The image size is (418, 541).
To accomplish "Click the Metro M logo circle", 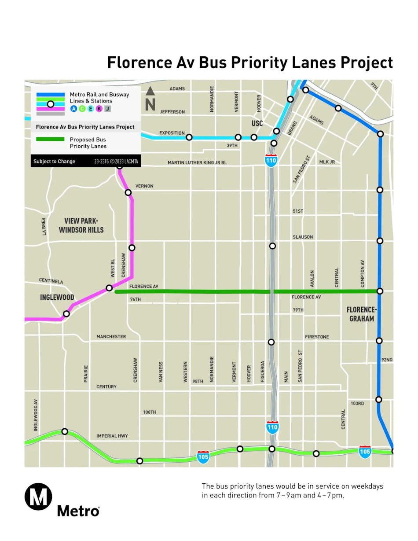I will coord(38,497).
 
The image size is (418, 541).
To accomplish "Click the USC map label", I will coord(257,124).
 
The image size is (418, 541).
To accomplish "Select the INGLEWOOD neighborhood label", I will coord(57,298).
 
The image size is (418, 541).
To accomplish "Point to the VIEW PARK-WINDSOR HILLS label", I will coord(81,225).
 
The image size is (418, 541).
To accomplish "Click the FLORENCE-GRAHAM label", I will coord(362,314).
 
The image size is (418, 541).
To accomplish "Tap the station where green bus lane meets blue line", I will coord(380,291).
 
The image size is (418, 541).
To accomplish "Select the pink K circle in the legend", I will coord(99,109).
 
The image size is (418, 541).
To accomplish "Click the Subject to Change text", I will coord(54,162).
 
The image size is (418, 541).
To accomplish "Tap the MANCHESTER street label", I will coord(111,337).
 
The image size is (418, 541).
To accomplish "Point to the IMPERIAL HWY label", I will coord(112,436).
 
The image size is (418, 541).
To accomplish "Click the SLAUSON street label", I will coord(303,237).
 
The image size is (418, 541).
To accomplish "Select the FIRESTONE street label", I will coord(317,337).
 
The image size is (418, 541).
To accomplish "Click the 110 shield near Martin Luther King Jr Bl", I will coord(271,161).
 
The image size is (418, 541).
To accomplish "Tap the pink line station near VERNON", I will coord(128,192).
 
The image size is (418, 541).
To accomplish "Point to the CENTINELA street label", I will coord(51,281).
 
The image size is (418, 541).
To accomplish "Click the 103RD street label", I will coord(357,403).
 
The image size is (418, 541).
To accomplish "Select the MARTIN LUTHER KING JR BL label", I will coord(197,163).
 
